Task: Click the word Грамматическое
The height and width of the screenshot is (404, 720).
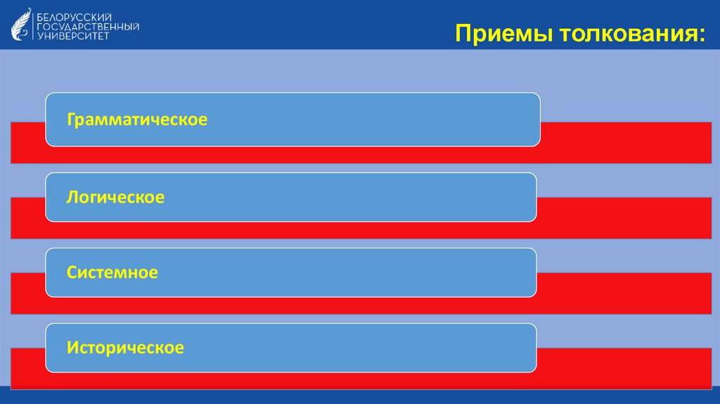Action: point(137,120)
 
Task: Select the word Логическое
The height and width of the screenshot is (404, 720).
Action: point(115,198)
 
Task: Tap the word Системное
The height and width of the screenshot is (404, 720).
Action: point(112,272)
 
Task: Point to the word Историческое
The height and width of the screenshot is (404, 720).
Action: point(125,348)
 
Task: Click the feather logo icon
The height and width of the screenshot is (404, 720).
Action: point(22,24)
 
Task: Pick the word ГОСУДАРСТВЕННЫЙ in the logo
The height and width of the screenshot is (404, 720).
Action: point(88,25)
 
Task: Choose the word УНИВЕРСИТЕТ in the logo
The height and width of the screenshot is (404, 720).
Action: point(73,36)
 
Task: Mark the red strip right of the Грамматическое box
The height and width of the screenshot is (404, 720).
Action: point(626,142)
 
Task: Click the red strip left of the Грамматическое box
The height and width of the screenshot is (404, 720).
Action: point(28,142)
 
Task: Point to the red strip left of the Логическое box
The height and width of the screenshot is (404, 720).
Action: point(28,218)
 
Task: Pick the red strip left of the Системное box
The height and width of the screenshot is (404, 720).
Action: point(28,293)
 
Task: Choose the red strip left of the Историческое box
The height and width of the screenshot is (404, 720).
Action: point(28,367)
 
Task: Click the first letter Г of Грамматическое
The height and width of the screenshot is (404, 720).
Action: point(71,119)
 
